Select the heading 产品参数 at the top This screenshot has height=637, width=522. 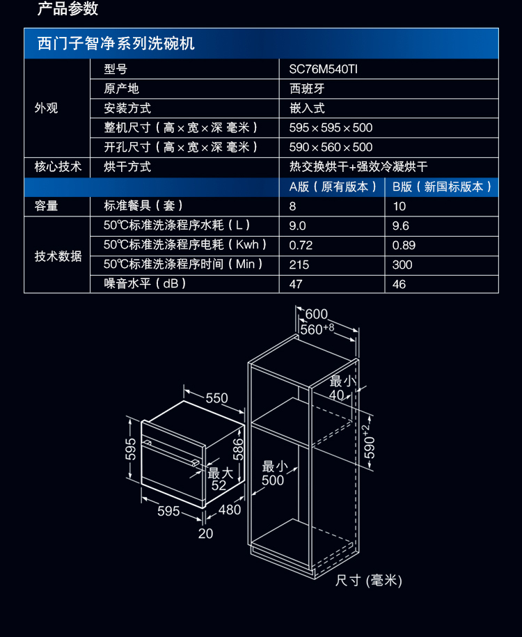pos(68,9)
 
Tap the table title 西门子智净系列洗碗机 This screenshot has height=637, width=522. pos(116,44)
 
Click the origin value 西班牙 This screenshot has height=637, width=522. pos(307,88)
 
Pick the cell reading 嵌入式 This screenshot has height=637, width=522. pos(307,108)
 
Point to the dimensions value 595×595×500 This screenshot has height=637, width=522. pos(331,127)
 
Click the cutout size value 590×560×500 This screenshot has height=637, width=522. pos(331,147)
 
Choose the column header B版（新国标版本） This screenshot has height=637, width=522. pos(442,187)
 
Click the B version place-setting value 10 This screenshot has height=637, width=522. pos(399,206)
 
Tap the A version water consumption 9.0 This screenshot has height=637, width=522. pos(297,226)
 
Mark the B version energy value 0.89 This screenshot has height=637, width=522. pos(404,245)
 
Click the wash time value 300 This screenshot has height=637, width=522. pos(402,265)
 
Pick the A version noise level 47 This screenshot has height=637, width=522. pos(296,284)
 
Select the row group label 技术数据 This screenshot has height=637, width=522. pos(58,255)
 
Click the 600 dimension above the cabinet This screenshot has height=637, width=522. pos(316,315)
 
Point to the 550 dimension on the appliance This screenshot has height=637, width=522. pos(216,398)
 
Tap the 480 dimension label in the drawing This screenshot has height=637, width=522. pos(230,510)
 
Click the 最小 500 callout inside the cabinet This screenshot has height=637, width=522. pos(273,473)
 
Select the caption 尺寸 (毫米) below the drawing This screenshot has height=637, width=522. pos(369,581)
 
